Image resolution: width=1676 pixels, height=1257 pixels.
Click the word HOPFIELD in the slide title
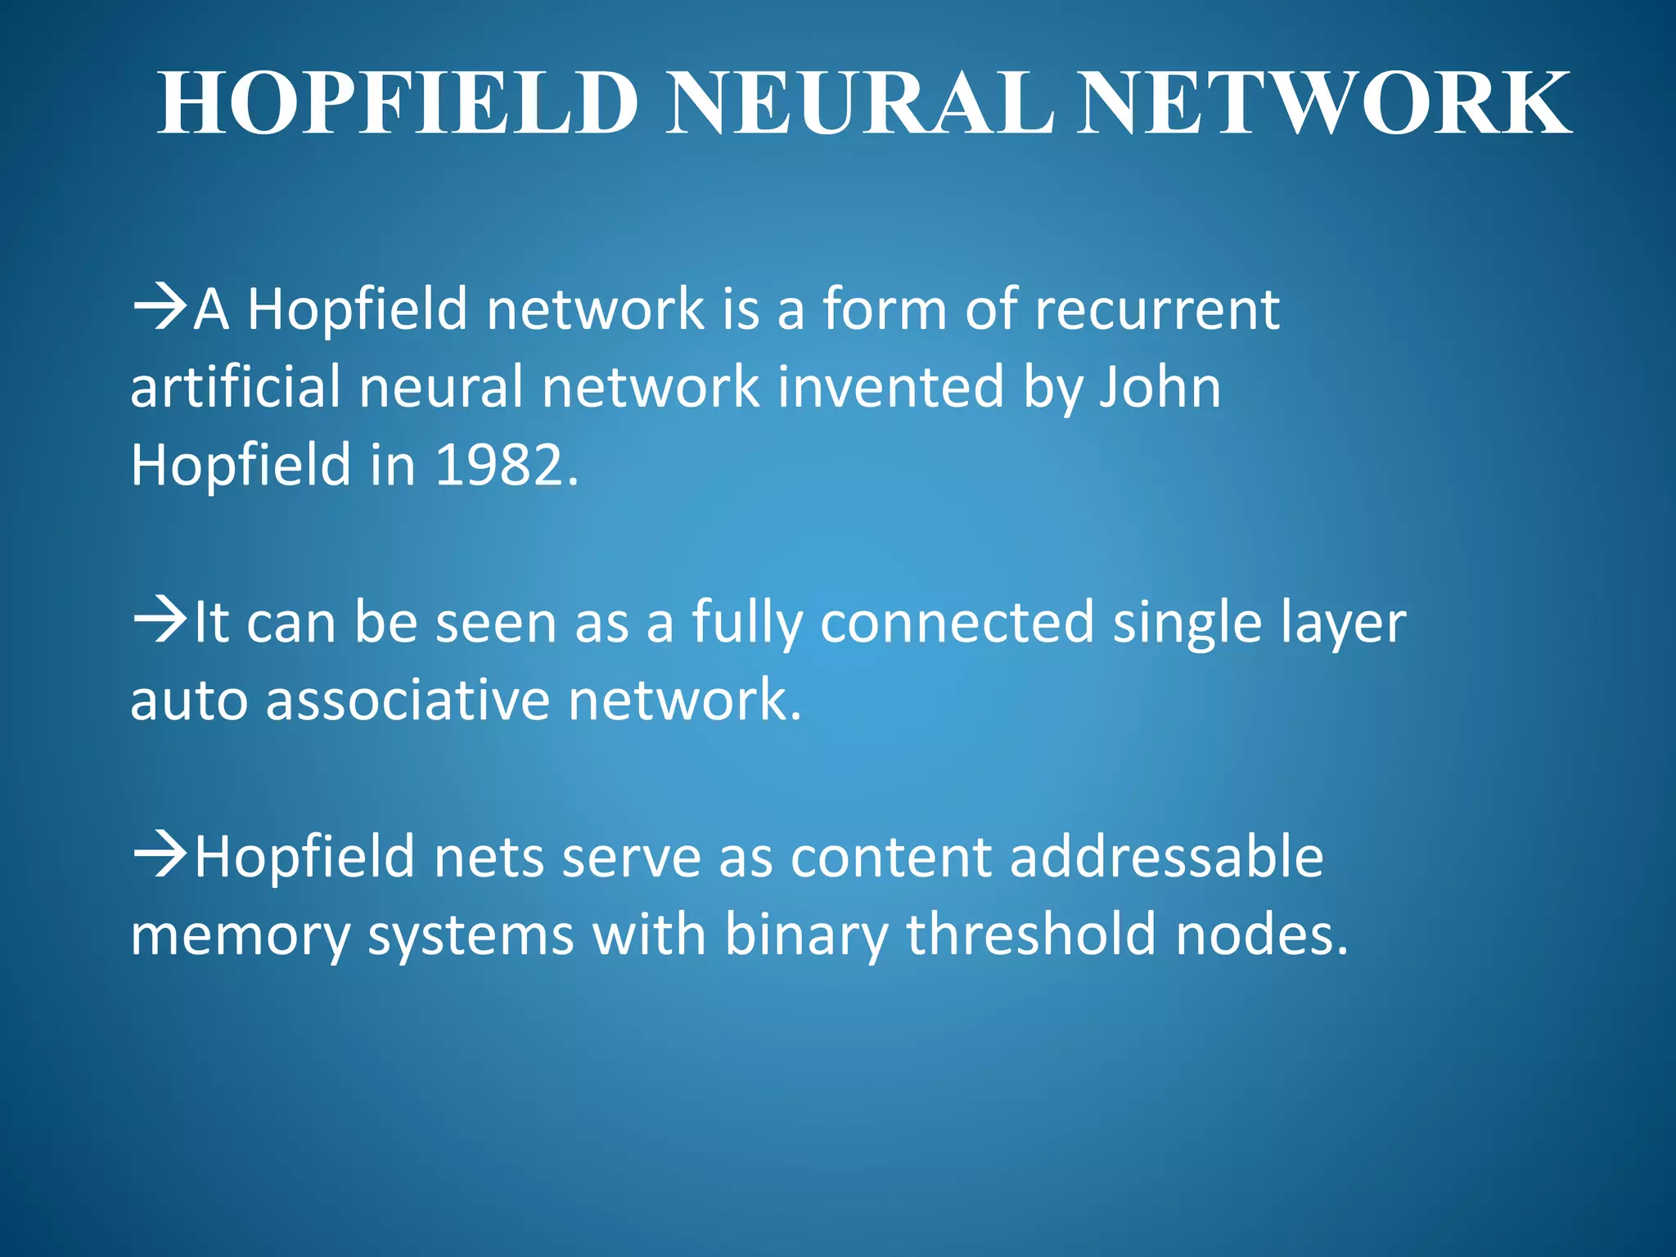tap(398, 104)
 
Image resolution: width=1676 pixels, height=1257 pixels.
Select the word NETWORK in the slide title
tap(1323, 104)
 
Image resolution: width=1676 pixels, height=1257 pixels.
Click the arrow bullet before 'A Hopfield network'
tap(159, 309)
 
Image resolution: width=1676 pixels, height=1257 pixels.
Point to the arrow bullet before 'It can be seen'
tap(159, 622)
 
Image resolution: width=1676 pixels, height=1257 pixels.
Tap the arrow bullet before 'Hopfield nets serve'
tap(159, 856)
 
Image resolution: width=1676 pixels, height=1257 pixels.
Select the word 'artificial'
tap(235, 386)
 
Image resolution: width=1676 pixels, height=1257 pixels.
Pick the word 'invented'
tap(890, 386)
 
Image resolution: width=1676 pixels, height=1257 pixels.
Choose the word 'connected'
tap(957, 622)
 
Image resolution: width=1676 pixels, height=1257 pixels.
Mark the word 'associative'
tap(407, 701)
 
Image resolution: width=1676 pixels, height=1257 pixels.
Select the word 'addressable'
tap(1166, 856)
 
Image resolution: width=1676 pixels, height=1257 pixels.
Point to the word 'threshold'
tap(1031, 935)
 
